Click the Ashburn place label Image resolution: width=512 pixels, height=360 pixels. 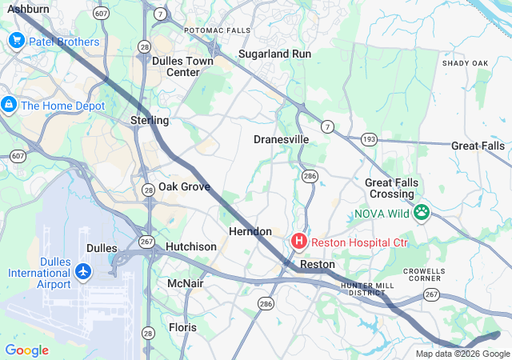[x=28, y=9]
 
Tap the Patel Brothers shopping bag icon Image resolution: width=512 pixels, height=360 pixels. [x=15, y=42]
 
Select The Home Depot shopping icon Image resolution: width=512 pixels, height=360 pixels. [x=9, y=105]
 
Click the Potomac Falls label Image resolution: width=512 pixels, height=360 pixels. [x=217, y=30]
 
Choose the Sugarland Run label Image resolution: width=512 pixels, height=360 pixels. [x=275, y=54]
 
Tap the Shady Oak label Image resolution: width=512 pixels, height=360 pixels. [x=465, y=63]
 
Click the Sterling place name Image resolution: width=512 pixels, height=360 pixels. [x=150, y=120]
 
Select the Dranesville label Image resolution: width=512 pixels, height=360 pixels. [x=281, y=139]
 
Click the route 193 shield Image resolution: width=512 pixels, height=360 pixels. [x=369, y=139]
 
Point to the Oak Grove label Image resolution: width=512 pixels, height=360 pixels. [x=184, y=186]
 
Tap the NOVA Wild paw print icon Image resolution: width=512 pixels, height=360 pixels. [x=422, y=213]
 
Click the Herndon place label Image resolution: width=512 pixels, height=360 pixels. [x=250, y=231]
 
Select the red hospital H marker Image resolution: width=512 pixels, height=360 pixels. [x=299, y=241]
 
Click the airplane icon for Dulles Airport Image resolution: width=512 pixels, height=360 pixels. [x=83, y=272]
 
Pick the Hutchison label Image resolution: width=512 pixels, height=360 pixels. [x=190, y=246]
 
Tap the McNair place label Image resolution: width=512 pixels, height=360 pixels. [x=186, y=284]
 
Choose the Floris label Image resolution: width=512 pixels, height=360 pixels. [x=182, y=327]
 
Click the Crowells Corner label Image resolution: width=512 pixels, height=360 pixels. [x=424, y=276]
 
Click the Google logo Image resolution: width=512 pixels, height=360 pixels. [x=26, y=350]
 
